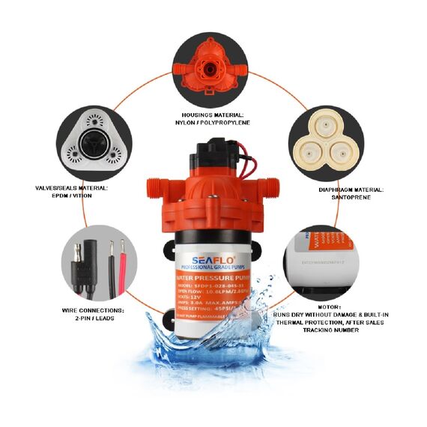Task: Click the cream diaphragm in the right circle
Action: [x=327, y=143]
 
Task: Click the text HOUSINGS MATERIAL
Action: [x=213, y=113]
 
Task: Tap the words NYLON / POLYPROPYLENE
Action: [x=213, y=122]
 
